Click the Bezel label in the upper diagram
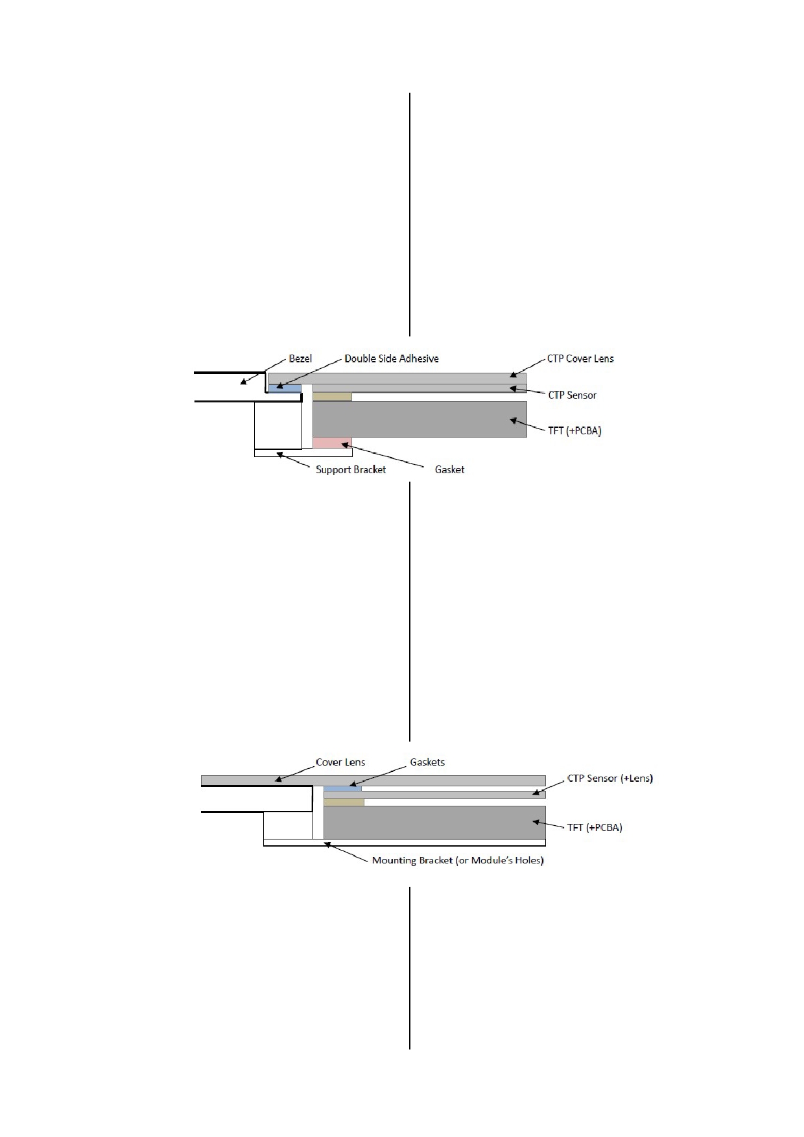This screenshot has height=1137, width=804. coord(300,358)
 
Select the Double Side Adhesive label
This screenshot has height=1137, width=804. coord(392,358)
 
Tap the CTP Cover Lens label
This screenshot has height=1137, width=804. coord(580,358)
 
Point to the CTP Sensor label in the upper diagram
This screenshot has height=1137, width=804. coord(573,395)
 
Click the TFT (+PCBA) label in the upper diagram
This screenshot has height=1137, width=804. coord(575,430)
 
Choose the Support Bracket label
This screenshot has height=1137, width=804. coord(351,469)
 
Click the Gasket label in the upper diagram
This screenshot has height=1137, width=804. coord(449,469)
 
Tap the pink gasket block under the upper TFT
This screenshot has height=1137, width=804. coord(332,443)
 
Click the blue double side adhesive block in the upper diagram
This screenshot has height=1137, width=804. coord(285,388)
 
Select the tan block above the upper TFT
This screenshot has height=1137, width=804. coord(332,396)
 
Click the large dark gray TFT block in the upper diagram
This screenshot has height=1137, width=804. coord(420,419)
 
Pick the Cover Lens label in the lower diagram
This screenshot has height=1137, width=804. coord(340,762)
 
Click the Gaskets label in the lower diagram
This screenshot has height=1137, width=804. coord(427,762)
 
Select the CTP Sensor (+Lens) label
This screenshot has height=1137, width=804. coord(610,778)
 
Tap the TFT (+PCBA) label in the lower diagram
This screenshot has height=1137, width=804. coord(595,827)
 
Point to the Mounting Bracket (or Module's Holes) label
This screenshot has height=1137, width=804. coord(458,860)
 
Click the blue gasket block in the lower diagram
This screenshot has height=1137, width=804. coord(342,788)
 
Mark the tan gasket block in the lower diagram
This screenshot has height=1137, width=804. coord(344,802)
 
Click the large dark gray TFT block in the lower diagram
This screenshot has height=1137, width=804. coord(434,823)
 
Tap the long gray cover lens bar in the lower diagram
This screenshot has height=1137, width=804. coord(373,780)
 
